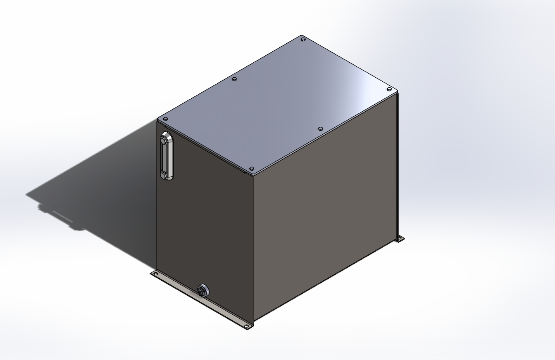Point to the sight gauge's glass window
pyautogui.click(x=165, y=158)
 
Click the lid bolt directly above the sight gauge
pyautogui.click(x=165, y=119)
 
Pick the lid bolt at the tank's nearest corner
pyautogui.click(x=251, y=168)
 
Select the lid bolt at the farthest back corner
pyautogui.click(x=303, y=39)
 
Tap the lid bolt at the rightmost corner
pyautogui.click(x=389, y=89)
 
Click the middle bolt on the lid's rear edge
pyautogui.click(x=234, y=79)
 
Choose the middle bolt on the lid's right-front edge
pyautogui.click(x=320, y=129)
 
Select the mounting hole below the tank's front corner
pyautogui.click(x=246, y=326)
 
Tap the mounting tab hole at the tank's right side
pyautogui.click(x=400, y=238)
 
